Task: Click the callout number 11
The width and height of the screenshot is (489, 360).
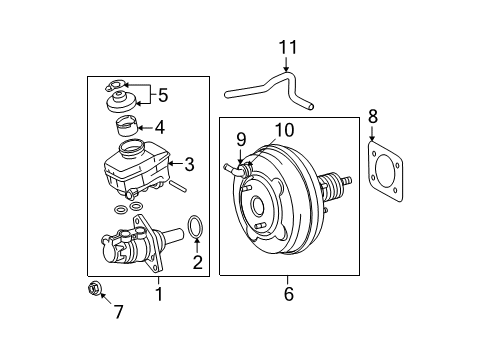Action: tap(288, 47)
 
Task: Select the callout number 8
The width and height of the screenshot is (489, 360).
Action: tap(373, 116)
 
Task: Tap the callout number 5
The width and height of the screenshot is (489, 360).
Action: tap(162, 96)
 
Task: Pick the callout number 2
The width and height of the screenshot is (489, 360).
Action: tap(197, 263)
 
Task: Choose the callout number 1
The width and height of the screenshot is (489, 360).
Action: tap(157, 294)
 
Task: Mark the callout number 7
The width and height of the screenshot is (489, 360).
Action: tap(118, 312)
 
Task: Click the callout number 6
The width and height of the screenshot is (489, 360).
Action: tap(287, 294)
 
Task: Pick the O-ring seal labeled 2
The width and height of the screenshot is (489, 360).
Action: tap(197, 229)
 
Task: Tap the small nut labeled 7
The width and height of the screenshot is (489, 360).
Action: tap(95, 290)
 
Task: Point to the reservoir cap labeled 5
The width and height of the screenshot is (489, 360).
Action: tap(122, 104)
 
